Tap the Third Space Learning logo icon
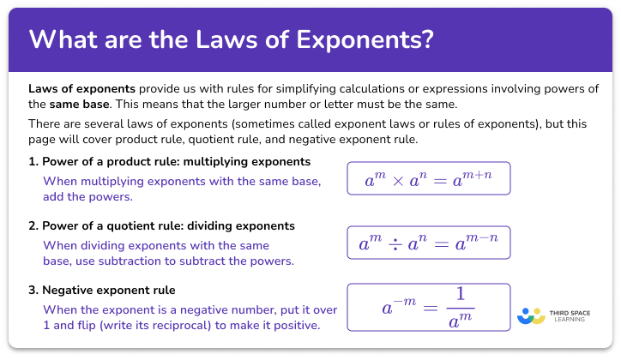532,315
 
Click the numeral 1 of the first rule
32,161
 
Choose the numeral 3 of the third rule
32,290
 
